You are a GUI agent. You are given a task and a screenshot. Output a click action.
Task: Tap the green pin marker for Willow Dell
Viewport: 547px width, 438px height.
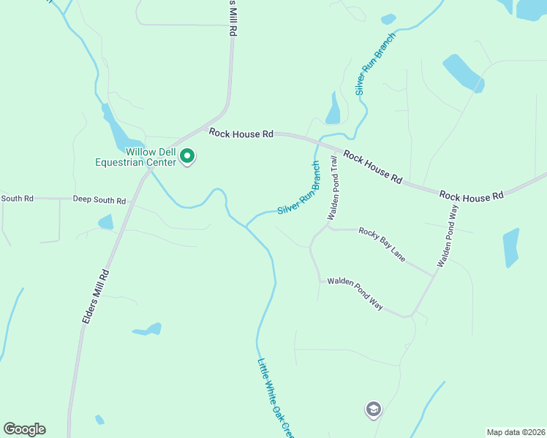click(187, 155)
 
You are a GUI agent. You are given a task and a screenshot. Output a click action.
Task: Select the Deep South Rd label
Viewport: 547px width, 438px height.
click(99, 200)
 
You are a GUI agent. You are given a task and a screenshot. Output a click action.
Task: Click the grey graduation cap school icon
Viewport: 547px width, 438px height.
click(374, 410)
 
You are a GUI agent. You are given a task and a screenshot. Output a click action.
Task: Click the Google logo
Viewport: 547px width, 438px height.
click(24, 429)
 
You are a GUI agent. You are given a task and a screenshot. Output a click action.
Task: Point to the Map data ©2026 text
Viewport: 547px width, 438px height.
click(516, 432)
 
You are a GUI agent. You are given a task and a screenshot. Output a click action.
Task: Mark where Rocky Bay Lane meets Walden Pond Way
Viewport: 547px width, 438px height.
click(434, 275)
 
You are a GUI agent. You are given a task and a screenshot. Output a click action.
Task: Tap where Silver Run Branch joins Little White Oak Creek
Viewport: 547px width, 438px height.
click(246, 226)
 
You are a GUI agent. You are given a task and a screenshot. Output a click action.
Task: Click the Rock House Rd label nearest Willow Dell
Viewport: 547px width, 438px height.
click(241, 134)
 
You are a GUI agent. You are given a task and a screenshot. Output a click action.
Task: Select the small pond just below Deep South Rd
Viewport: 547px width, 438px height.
click(106, 221)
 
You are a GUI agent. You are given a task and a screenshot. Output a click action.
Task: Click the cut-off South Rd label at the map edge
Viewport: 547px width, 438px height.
click(17, 198)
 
